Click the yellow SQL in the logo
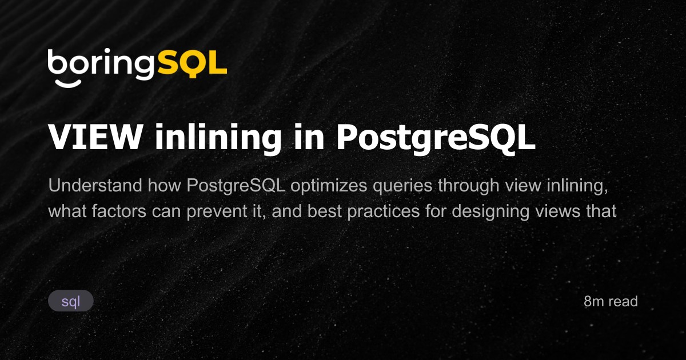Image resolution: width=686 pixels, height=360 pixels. [192, 63]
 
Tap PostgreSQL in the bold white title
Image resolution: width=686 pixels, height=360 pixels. [436, 138]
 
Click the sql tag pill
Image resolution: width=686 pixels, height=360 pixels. [70, 301]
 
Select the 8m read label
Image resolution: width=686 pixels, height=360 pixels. [611, 301]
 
